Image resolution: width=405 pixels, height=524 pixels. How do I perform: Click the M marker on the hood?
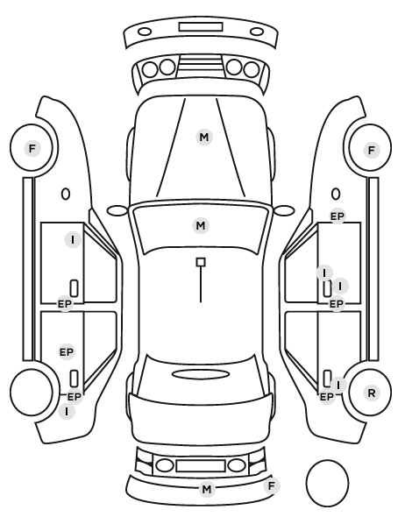(204, 137)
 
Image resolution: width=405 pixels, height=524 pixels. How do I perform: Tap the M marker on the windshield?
(201, 225)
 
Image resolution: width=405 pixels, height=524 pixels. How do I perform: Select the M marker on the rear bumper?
(207, 489)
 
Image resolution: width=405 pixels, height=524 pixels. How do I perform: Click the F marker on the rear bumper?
(272, 485)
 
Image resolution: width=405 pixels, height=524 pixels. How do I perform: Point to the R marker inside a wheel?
(372, 393)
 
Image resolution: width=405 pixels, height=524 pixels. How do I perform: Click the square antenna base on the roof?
(201, 262)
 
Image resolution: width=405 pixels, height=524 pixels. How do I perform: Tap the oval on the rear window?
(201, 374)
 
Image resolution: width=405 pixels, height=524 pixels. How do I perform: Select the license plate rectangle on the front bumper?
(201, 27)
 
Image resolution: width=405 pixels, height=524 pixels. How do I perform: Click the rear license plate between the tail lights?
(201, 465)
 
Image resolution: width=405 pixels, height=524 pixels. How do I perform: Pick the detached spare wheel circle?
(327, 483)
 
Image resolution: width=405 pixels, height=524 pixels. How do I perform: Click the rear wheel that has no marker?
(32, 392)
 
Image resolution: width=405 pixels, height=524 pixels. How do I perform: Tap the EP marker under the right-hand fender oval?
(337, 216)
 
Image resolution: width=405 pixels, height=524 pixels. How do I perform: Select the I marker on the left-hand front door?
(73, 239)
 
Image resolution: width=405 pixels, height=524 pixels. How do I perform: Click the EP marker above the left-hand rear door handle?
(67, 352)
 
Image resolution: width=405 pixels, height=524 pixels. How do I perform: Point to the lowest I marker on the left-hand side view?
(67, 411)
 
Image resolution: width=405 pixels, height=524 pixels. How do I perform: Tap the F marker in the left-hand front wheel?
(32, 148)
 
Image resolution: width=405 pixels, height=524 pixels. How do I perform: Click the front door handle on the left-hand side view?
(74, 288)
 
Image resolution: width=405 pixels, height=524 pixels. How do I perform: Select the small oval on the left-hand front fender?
(66, 195)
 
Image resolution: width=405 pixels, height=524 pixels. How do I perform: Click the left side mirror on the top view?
(117, 210)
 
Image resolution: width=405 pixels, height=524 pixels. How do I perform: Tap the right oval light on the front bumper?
(257, 32)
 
